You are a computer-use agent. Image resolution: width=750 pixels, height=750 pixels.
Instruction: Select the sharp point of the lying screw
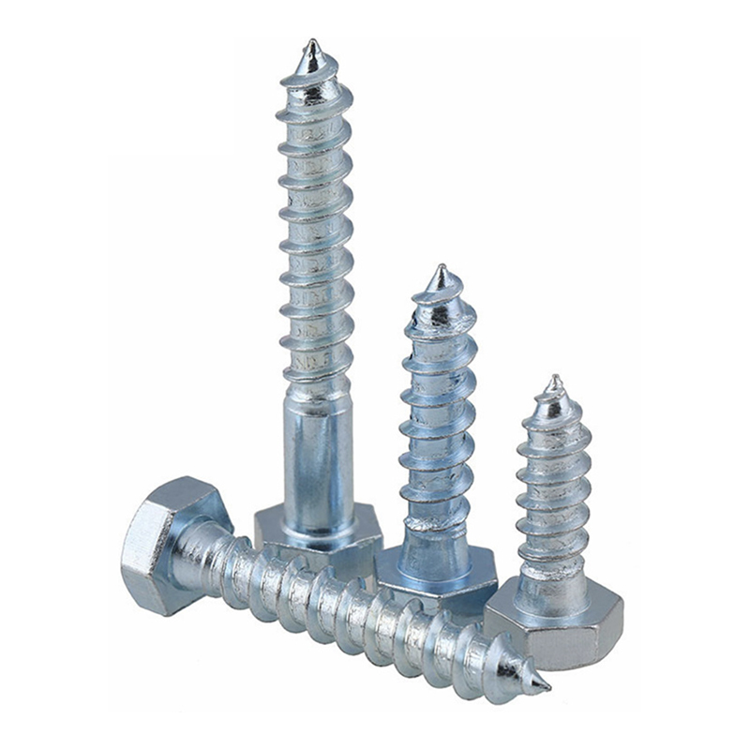point(545,690)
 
